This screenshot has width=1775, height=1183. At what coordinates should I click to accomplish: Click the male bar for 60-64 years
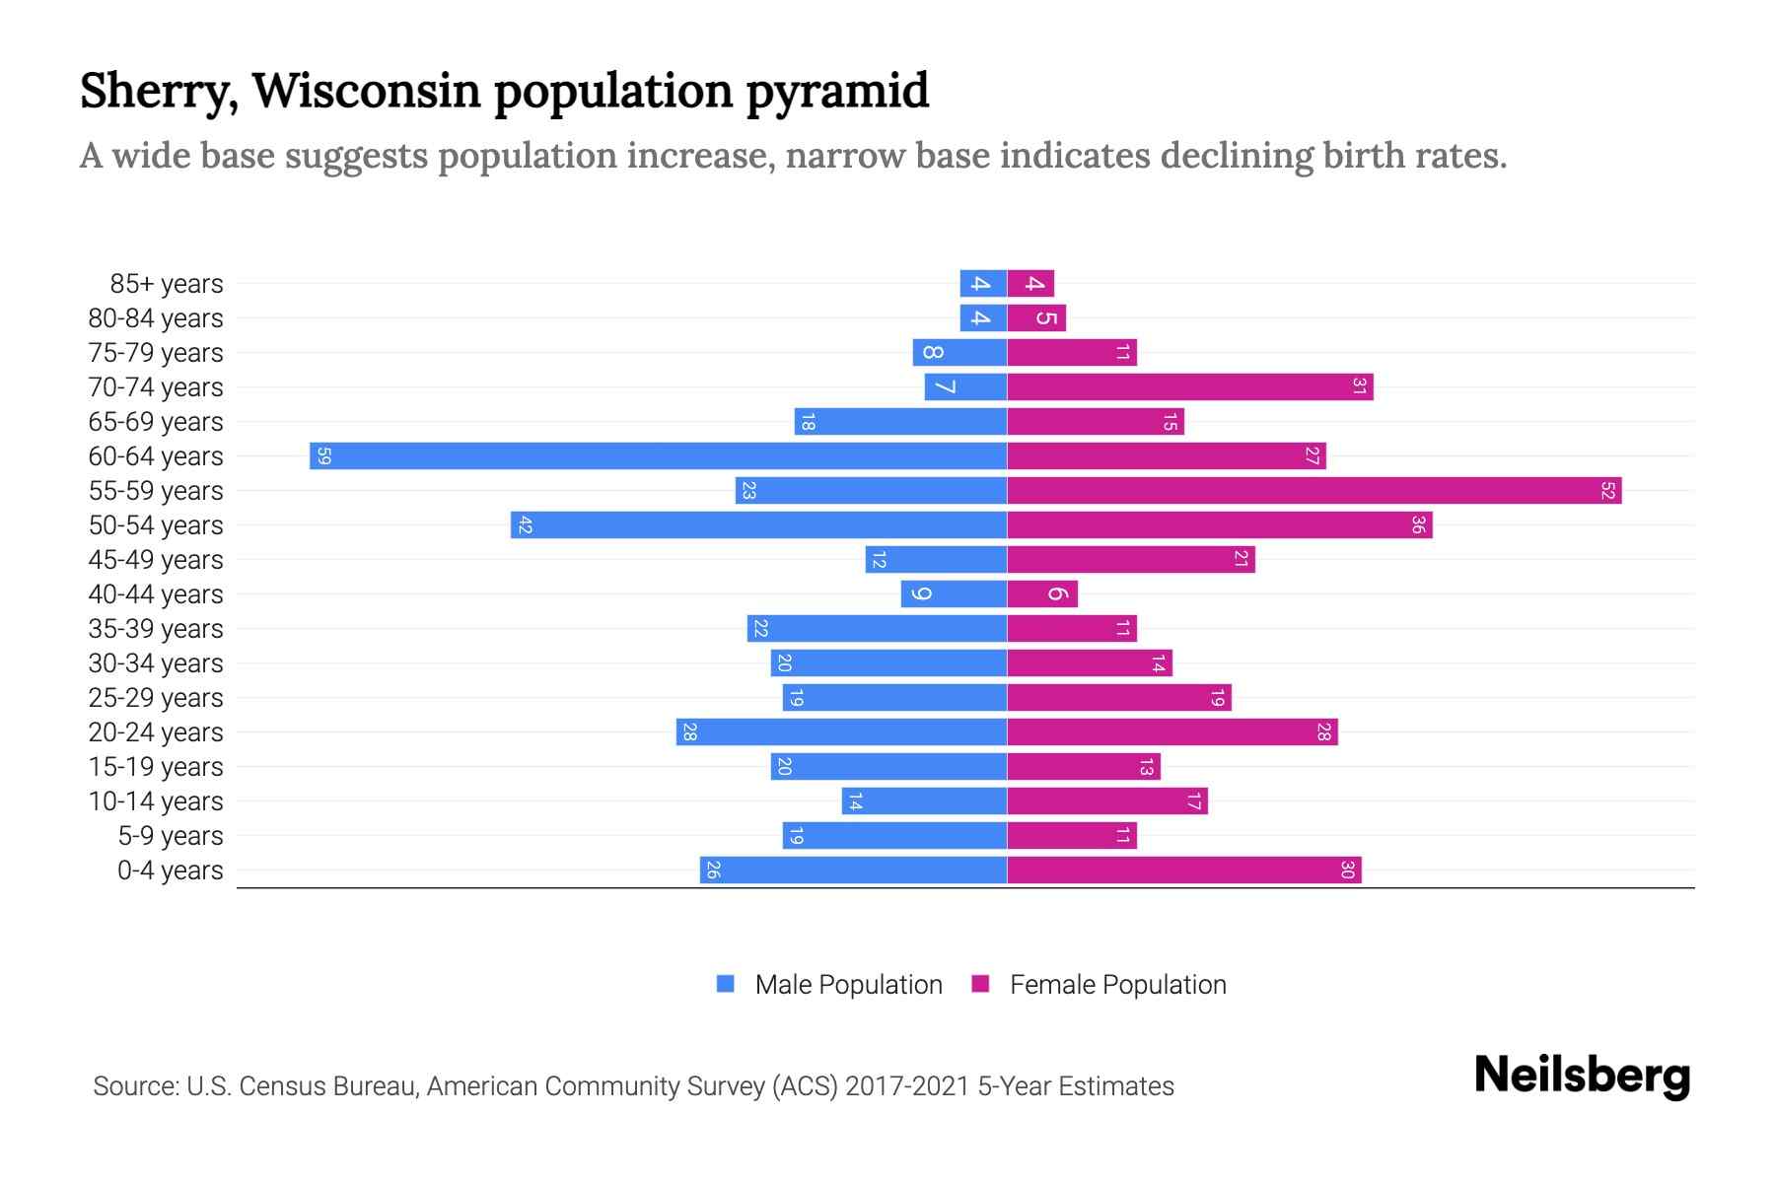[658, 456]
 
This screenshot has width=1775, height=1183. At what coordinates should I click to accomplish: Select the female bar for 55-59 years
[1313, 491]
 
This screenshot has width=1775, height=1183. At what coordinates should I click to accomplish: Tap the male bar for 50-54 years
[758, 525]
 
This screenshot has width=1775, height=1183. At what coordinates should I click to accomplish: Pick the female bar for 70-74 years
[1189, 387]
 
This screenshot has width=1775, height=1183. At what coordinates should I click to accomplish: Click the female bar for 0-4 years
[1183, 870]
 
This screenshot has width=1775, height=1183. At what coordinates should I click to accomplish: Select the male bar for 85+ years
[983, 284]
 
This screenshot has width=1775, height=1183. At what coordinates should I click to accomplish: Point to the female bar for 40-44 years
[1042, 594]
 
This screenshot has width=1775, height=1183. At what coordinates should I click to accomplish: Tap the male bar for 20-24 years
[841, 732]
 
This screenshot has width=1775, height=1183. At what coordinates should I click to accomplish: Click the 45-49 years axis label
[156, 560]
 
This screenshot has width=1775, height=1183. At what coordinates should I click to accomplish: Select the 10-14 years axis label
[156, 801]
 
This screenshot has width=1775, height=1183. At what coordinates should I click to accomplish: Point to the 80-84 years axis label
[156, 318]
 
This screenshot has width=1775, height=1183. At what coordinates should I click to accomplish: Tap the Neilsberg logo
[1582, 1076]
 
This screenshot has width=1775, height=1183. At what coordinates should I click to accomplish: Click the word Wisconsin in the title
[366, 91]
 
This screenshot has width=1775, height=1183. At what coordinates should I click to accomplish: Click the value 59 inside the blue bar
[324, 456]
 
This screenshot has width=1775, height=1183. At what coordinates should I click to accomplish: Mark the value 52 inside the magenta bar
[1607, 491]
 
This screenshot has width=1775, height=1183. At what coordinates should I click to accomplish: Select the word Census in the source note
[284, 1086]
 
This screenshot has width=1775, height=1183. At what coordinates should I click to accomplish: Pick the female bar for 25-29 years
[1118, 698]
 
